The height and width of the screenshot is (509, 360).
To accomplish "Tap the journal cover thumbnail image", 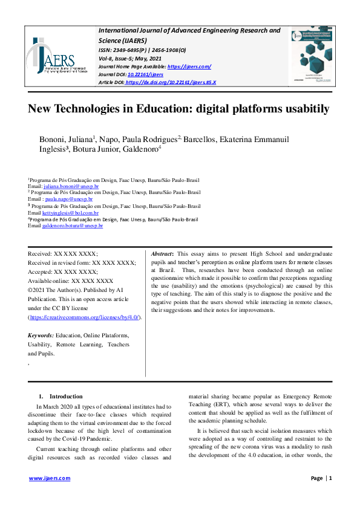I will [x=311, y=56].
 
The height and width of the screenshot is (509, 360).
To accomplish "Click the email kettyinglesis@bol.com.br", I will [x=70, y=212].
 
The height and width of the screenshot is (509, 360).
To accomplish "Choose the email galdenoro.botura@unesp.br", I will [x=72, y=225].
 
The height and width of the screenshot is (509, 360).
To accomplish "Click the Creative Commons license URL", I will [x=85, y=317].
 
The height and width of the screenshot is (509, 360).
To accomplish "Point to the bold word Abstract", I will [x=162, y=254].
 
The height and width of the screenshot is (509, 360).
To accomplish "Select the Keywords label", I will [x=41, y=335].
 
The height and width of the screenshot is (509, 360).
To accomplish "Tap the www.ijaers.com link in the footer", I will [x=50, y=478].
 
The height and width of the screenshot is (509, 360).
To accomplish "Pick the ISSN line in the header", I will [x=143, y=50].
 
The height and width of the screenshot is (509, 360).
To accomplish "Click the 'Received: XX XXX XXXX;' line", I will [x=63, y=254].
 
